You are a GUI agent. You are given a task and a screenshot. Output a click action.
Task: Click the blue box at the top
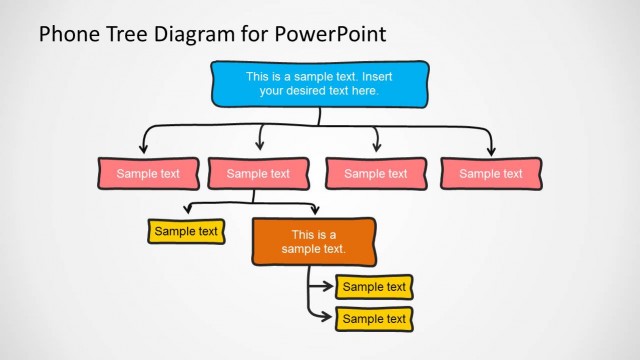click(x=320, y=83)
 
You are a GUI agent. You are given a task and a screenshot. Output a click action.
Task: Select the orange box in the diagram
click(x=314, y=242)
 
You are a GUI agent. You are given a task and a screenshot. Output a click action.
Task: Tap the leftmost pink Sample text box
click(x=148, y=173)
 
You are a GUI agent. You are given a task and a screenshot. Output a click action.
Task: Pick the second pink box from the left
click(x=258, y=173)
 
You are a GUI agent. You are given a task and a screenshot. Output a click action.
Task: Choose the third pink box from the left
click(x=375, y=173)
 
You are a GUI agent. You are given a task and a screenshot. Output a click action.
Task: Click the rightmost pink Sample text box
click(x=490, y=173)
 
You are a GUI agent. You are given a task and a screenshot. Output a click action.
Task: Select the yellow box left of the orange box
click(x=186, y=231)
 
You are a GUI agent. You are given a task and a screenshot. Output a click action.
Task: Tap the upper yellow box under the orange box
click(x=374, y=287)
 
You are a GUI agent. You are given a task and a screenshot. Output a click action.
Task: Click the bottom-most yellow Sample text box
click(x=374, y=319)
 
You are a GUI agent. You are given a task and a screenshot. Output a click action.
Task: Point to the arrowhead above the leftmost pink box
click(x=143, y=149)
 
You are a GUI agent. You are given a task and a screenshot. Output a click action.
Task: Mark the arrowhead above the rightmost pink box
click(x=491, y=149)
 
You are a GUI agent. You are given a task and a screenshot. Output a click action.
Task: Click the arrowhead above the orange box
click(x=315, y=211)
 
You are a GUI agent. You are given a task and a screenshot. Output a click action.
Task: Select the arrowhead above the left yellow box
click(x=187, y=211)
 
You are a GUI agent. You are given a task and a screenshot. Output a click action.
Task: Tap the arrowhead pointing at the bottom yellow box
click(x=328, y=318)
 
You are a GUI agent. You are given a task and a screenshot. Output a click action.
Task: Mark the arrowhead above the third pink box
click(x=376, y=149)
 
